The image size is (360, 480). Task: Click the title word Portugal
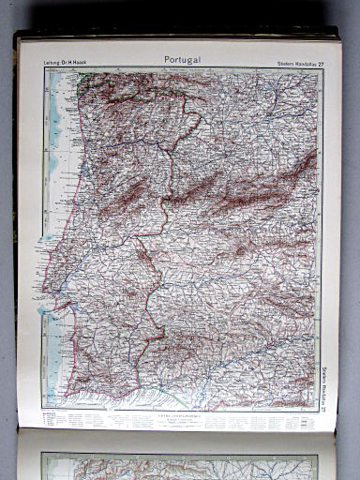click(x=183, y=60)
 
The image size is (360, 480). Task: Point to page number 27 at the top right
click(x=321, y=64)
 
